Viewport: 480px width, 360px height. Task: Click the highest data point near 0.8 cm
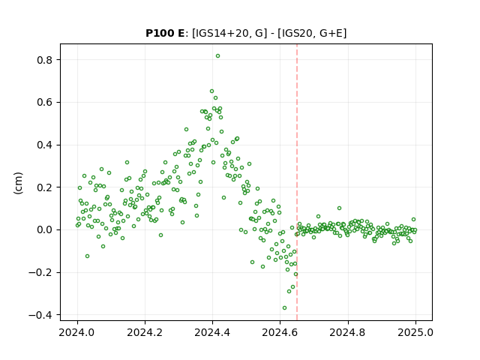pos(217,56)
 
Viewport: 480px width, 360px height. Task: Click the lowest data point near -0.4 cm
pos(284,308)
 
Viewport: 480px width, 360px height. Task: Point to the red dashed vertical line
pos(297,182)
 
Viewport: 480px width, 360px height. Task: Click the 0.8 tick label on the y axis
pos(44,60)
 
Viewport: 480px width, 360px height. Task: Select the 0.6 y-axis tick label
pos(44,103)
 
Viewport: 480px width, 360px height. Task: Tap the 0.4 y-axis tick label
pos(44,145)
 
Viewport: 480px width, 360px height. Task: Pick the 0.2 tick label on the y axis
pos(44,187)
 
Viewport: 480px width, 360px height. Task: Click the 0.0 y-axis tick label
pos(44,230)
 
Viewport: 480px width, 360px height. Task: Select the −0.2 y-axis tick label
pos(40,272)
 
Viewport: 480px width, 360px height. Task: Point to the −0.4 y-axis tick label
pos(40,315)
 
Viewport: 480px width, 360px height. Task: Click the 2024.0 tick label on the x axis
pos(77,332)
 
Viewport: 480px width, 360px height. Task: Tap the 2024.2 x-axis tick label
pos(145,332)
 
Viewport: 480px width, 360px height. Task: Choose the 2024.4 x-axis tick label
pos(212,332)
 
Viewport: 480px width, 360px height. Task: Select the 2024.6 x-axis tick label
pos(280,332)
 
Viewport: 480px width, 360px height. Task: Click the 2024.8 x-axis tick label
pos(347,332)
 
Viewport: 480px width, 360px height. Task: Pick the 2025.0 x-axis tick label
pos(415,332)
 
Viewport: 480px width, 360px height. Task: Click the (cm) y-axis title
pos(18,183)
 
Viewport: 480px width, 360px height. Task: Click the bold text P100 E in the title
pos(165,33)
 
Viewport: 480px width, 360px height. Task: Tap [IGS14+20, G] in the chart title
pos(227,33)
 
